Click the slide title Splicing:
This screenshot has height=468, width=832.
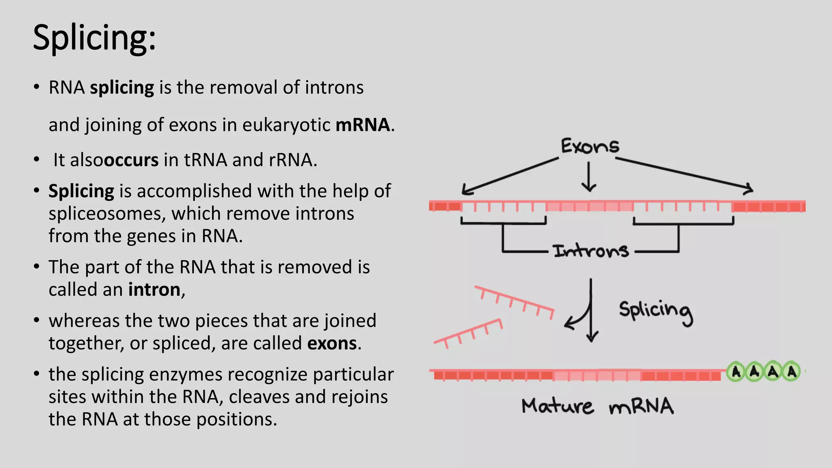(94, 38)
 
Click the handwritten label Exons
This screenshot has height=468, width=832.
(590, 146)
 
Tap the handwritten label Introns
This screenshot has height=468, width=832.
(591, 251)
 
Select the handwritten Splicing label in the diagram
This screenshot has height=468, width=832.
(655, 312)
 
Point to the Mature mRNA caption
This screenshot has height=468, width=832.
(598, 406)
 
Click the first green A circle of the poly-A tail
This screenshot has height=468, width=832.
(736, 372)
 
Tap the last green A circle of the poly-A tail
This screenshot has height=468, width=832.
(791, 372)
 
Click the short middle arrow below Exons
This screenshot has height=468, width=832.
(589, 177)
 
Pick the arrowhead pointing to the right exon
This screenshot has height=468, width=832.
(748, 189)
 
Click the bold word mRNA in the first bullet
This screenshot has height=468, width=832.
(362, 125)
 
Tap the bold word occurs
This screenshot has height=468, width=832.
(131, 160)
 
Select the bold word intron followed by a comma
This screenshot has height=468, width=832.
(154, 290)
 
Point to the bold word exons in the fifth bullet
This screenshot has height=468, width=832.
(332, 343)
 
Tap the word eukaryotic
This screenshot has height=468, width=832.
(286, 125)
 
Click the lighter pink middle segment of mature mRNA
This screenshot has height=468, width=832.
(597, 375)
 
